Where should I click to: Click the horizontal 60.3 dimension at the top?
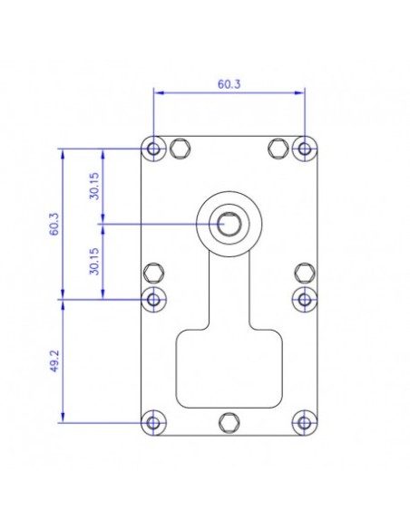pos(229,83)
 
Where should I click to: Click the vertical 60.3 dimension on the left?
pos(54,223)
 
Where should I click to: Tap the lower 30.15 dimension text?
pos(95,260)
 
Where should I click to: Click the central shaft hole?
pos(229,223)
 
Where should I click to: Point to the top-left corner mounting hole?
pos(154,148)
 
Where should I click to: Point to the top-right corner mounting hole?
pos(304,148)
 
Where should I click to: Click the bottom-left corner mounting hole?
pos(154,421)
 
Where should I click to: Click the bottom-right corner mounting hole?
pos(304,421)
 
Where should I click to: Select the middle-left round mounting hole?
pos(154,298)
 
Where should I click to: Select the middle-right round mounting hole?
pos(304,298)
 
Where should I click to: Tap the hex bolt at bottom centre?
pos(229,421)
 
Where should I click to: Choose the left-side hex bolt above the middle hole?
pos(155,271)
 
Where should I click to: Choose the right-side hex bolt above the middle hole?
pos(304,271)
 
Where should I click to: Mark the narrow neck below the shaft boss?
pos(229,290)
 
